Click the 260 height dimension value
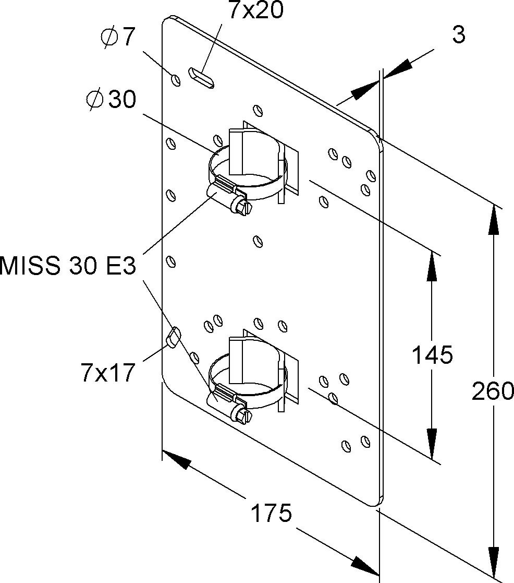pyautogui.click(x=493, y=390)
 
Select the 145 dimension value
pyautogui.click(x=432, y=355)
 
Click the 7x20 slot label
pyautogui.click(x=255, y=10)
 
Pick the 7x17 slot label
pyautogui.click(x=108, y=373)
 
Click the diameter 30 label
pyautogui.click(x=111, y=99)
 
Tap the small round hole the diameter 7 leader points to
pyautogui.click(x=176, y=79)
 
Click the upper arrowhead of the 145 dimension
pyautogui.click(x=432, y=266)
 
